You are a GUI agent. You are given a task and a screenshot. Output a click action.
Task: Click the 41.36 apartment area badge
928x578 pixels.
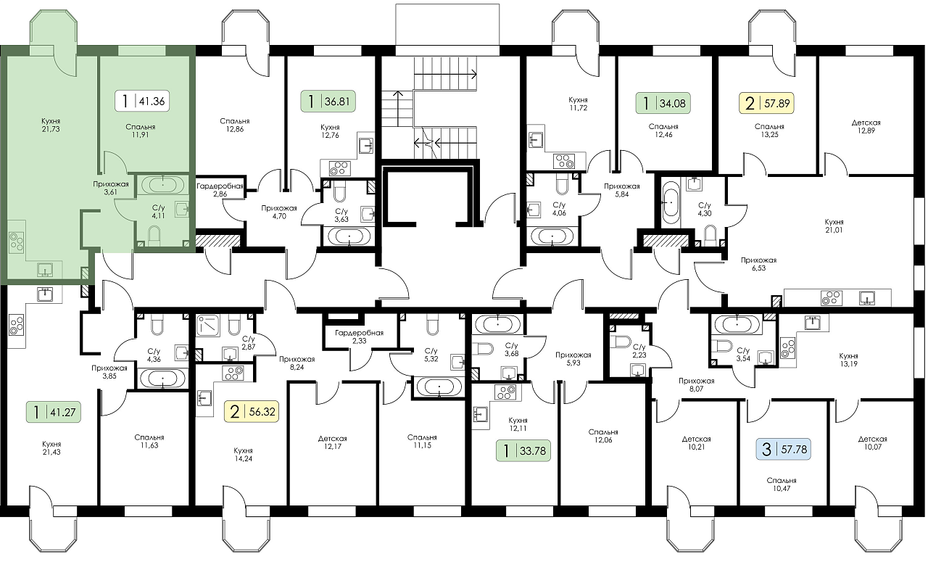(x=142, y=101)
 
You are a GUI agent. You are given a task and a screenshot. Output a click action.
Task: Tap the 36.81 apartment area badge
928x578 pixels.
(x=328, y=101)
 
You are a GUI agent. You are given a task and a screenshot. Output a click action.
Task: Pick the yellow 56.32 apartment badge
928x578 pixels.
(x=252, y=411)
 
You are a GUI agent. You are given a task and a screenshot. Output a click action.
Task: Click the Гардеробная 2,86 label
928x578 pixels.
(x=220, y=190)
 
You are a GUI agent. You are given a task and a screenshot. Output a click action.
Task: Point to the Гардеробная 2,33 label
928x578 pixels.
(x=359, y=337)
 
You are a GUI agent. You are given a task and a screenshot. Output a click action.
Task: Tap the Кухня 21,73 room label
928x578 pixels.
(x=51, y=125)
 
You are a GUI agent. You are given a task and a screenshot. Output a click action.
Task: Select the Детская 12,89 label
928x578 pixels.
(x=866, y=126)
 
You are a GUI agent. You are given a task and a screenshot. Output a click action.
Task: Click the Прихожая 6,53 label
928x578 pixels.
(x=758, y=264)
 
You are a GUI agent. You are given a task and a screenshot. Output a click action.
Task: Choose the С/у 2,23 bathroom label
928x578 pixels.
(x=639, y=350)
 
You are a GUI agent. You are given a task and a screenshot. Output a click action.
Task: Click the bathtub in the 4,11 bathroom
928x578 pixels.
(x=163, y=184)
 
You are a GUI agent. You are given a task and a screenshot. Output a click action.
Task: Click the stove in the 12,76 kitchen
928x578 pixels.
(x=340, y=168)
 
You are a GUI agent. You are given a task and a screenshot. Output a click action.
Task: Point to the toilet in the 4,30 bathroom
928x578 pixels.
(x=710, y=235)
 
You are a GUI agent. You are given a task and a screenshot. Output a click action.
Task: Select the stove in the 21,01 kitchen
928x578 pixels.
(x=831, y=298)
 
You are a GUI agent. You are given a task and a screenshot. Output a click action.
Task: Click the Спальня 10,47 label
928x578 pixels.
(x=782, y=484)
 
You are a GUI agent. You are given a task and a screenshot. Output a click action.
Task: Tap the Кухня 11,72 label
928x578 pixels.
(x=578, y=104)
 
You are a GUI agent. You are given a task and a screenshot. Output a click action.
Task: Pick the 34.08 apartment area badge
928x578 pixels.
(x=663, y=103)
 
